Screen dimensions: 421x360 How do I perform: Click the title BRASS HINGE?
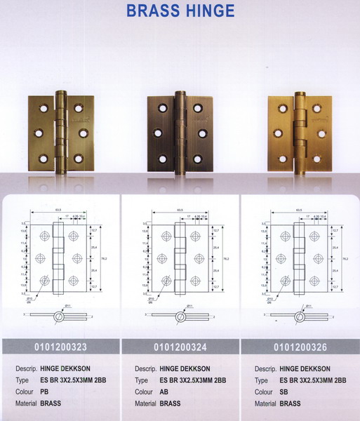[180, 11]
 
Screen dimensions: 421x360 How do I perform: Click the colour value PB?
[44, 392]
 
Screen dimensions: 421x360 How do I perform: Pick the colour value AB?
[164, 392]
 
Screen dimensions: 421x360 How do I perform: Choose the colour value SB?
[284, 392]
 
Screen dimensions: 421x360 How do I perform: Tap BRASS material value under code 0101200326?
[290, 403]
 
